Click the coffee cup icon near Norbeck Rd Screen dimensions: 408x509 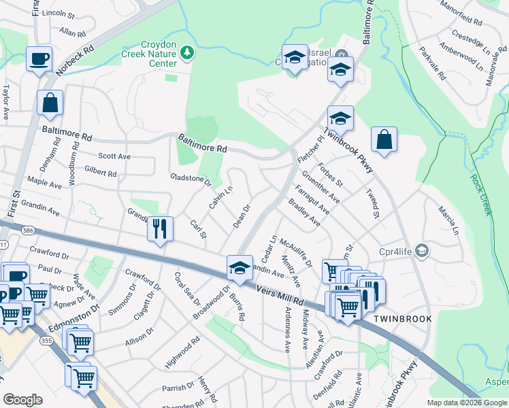pos(39,58)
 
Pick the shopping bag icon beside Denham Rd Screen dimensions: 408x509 pos(50,103)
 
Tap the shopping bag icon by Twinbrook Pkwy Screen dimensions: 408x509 pos(384,139)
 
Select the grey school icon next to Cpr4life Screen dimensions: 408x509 pos(423,251)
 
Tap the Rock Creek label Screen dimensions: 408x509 pos(480,194)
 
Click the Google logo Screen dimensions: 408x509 pos(22,400)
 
